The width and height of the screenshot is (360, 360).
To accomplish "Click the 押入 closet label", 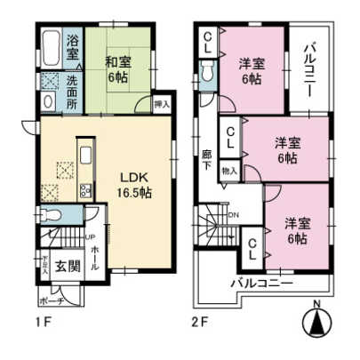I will (x=161, y=104).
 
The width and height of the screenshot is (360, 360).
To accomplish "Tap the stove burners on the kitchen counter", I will (x=86, y=189).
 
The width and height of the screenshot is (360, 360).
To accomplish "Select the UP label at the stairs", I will (x=90, y=236).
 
